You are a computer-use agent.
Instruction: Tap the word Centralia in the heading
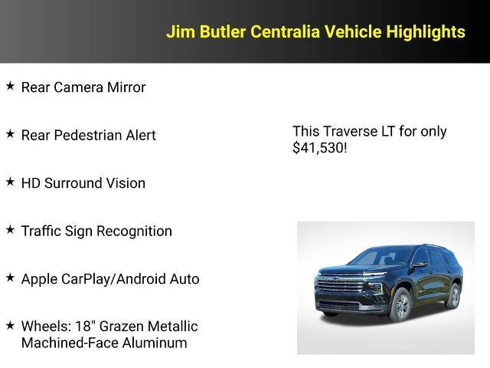(x=277, y=31)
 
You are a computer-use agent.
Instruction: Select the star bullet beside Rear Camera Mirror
(x=10, y=86)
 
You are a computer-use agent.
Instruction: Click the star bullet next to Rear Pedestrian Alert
(x=10, y=133)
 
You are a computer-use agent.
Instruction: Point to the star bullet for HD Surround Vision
(x=10, y=182)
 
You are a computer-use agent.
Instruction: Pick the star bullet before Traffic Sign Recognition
(x=10, y=229)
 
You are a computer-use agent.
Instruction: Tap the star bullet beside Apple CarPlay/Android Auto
(x=10, y=278)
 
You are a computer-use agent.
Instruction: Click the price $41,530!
(x=319, y=148)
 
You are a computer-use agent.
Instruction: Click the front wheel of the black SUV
(x=400, y=305)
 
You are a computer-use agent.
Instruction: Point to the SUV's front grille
(x=341, y=290)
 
